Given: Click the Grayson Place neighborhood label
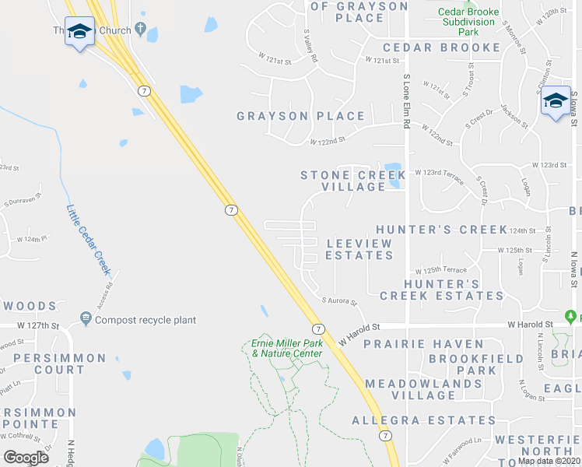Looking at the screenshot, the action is pos(300,116).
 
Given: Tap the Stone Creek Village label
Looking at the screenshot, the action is pos(343,181).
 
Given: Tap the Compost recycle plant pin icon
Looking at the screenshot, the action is pos(86,319).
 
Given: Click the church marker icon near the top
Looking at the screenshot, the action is pos(141,30).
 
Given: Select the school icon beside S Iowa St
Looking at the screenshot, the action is pos(556,102).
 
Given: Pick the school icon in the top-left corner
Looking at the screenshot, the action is pos(79,32).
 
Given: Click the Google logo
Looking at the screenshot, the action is pos(26,457).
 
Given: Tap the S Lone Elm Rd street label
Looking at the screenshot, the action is pos(406,102).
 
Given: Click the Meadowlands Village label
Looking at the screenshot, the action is pos(423,389).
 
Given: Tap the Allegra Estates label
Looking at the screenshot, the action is pos(423,420).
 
